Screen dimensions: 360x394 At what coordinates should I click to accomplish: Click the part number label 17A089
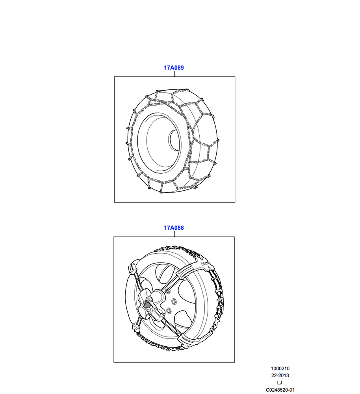[174, 68]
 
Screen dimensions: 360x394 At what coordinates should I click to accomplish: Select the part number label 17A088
[174, 228]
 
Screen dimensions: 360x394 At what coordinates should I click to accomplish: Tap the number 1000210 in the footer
[280, 369]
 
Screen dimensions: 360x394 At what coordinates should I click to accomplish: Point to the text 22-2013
[280, 375]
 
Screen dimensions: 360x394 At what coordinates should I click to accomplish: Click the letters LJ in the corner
[280, 383]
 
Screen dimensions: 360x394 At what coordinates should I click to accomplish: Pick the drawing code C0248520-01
[280, 390]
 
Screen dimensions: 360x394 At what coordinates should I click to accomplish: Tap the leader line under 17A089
[174, 74]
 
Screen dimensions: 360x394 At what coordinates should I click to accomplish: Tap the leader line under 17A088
[174, 234]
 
